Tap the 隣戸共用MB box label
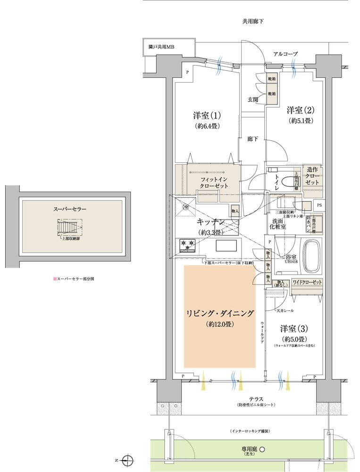click(162, 48)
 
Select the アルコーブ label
click(285, 54)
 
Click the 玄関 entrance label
click(253, 100)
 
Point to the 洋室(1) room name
click(207, 115)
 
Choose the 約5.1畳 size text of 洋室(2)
click(301, 121)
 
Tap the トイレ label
click(276, 182)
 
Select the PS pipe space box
click(319, 205)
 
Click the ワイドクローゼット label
click(307, 282)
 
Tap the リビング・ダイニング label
click(220, 313)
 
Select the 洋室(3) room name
click(293, 328)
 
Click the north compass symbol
click(127, 459)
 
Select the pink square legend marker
click(55, 279)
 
